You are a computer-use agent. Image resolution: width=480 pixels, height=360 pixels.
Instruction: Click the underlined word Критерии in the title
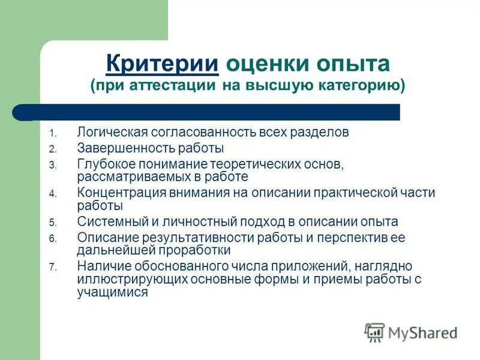(x=161, y=63)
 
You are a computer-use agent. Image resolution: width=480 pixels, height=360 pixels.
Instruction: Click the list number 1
(x=52, y=133)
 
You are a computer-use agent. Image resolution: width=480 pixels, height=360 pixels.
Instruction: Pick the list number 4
(x=52, y=194)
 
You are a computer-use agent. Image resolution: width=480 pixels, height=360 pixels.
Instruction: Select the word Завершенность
(x=120, y=148)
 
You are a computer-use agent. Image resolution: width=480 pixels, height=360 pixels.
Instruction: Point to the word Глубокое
(x=104, y=163)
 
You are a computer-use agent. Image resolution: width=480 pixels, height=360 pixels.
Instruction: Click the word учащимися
(x=112, y=293)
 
